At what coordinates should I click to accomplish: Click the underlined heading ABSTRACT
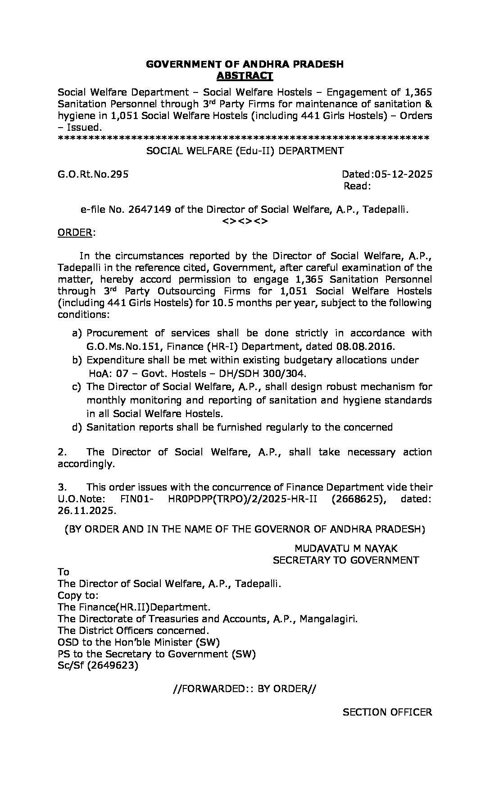coord(245,76)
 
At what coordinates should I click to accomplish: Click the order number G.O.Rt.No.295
coord(93,174)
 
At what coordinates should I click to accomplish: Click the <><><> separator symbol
coord(245,221)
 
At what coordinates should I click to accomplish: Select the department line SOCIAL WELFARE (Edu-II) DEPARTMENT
coord(245,151)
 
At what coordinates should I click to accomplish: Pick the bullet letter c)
coord(77,387)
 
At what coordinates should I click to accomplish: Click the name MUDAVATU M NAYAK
coord(346,548)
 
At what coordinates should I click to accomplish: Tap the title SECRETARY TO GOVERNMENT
coord(346,560)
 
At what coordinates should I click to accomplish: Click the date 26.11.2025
coord(86,511)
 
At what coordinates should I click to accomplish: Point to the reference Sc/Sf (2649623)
coord(98,666)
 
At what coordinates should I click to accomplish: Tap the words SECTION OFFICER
coord(387,712)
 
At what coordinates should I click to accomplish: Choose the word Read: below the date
coord(357,186)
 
